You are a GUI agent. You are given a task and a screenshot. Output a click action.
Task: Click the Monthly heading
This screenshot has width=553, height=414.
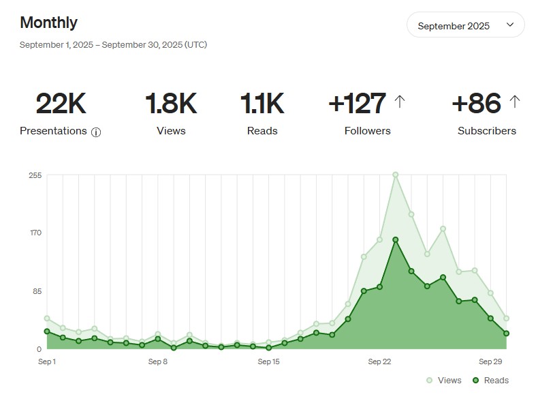(x=48, y=23)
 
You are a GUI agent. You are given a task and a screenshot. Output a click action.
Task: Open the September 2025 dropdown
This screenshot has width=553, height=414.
(x=466, y=25)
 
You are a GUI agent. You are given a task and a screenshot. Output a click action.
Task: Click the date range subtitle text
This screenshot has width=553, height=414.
(x=113, y=45)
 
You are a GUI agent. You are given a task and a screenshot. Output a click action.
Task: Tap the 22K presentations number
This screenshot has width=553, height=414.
(x=61, y=104)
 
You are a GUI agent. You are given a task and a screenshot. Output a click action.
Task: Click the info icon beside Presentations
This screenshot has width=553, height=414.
(x=96, y=132)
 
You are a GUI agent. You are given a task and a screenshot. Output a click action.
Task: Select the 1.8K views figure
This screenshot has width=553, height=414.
(x=171, y=104)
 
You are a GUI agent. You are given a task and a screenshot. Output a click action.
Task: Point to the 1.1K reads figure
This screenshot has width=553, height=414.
(x=262, y=104)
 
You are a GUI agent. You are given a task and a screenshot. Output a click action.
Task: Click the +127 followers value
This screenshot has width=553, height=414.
(x=358, y=104)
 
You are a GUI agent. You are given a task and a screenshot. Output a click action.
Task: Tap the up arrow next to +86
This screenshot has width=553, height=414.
(x=515, y=102)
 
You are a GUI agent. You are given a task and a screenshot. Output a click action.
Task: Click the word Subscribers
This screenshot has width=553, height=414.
(x=487, y=131)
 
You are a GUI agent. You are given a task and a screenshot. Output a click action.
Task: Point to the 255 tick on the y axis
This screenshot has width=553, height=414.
(x=35, y=175)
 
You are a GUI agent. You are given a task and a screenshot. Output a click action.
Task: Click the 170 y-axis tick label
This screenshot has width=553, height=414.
(x=35, y=233)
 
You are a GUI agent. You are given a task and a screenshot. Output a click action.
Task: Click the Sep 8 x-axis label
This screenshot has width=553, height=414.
(x=157, y=361)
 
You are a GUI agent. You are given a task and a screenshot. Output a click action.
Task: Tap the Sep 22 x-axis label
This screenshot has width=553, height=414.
(x=379, y=361)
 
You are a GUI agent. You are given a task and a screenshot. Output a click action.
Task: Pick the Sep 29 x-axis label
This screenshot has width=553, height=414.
(x=490, y=361)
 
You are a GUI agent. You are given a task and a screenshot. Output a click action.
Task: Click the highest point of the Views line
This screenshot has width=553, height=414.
(x=396, y=175)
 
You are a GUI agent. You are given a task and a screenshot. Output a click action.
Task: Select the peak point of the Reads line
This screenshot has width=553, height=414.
(x=396, y=240)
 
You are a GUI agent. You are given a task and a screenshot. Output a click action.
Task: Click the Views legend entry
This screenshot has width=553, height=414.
(x=444, y=381)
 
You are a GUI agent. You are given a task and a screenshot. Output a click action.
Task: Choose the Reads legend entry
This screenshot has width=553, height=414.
(x=490, y=381)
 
